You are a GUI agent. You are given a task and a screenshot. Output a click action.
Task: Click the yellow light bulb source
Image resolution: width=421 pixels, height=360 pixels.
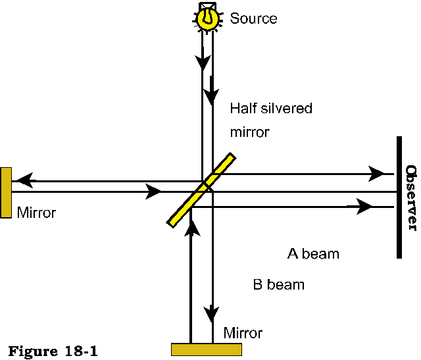[x=207, y=18]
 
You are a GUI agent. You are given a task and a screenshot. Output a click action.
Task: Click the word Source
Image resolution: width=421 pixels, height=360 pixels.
[x=253, y=18]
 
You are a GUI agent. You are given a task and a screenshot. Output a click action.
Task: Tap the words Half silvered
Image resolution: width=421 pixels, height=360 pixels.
[x=271, y=109]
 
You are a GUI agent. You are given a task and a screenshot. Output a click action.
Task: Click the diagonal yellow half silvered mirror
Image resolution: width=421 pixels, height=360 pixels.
[x=201, y=190]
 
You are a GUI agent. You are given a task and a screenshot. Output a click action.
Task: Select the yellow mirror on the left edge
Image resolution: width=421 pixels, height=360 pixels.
[x=6, y=192]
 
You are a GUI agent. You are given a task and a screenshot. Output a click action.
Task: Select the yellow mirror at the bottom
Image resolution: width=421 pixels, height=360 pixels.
[x=206, y=349]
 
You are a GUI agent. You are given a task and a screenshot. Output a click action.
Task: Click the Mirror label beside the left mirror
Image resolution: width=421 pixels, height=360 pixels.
[x=37, y=213]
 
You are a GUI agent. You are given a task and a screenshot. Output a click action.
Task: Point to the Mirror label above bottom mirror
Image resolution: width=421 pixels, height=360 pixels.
[x=243, y=332]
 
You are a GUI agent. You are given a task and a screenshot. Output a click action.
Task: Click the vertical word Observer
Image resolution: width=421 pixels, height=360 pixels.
[x=411, y=197]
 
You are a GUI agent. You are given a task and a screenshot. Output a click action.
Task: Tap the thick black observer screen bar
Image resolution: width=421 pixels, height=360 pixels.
[x=399, y=197]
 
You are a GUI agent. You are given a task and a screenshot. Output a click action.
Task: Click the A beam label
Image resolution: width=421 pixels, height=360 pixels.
[x=313, y=253]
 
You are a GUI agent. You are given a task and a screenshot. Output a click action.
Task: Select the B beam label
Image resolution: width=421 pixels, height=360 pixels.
[x=279, y=285]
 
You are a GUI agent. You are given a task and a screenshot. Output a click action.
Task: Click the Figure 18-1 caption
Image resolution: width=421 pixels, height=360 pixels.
[x=53, y=350]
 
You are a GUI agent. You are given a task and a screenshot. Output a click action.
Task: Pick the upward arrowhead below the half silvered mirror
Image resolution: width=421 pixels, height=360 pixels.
[x=191, y=227]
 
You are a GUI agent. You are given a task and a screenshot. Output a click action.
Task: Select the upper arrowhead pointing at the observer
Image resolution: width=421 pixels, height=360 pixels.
[x=377, y=174]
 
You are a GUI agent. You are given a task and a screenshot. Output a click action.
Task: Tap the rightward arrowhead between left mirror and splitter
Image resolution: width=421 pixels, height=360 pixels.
[x=153, y=192]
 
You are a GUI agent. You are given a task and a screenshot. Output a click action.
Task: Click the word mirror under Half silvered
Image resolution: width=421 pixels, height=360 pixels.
[x=250, y=132]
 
